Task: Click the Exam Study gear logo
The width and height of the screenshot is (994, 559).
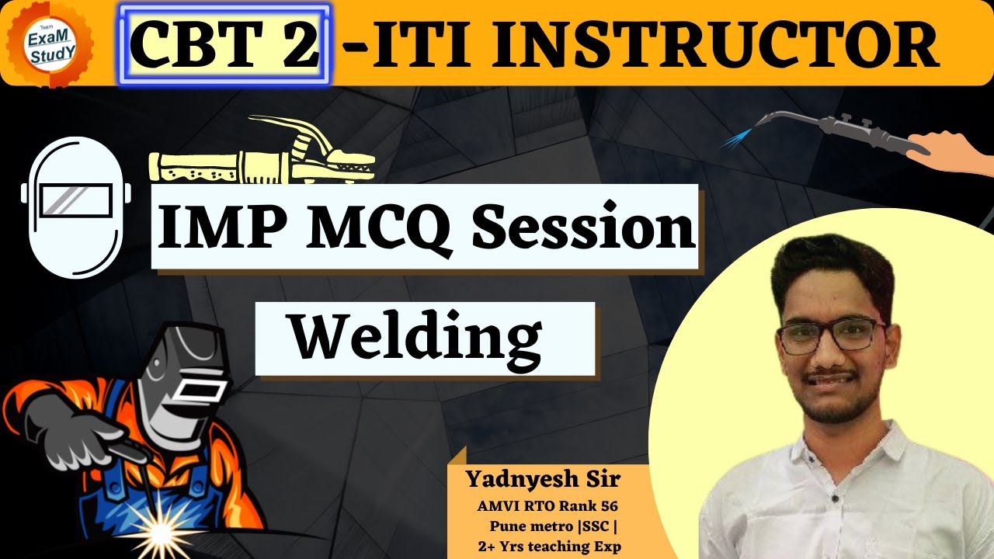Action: click(49, 43)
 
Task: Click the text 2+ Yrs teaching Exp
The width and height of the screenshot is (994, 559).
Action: click(549, 547)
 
